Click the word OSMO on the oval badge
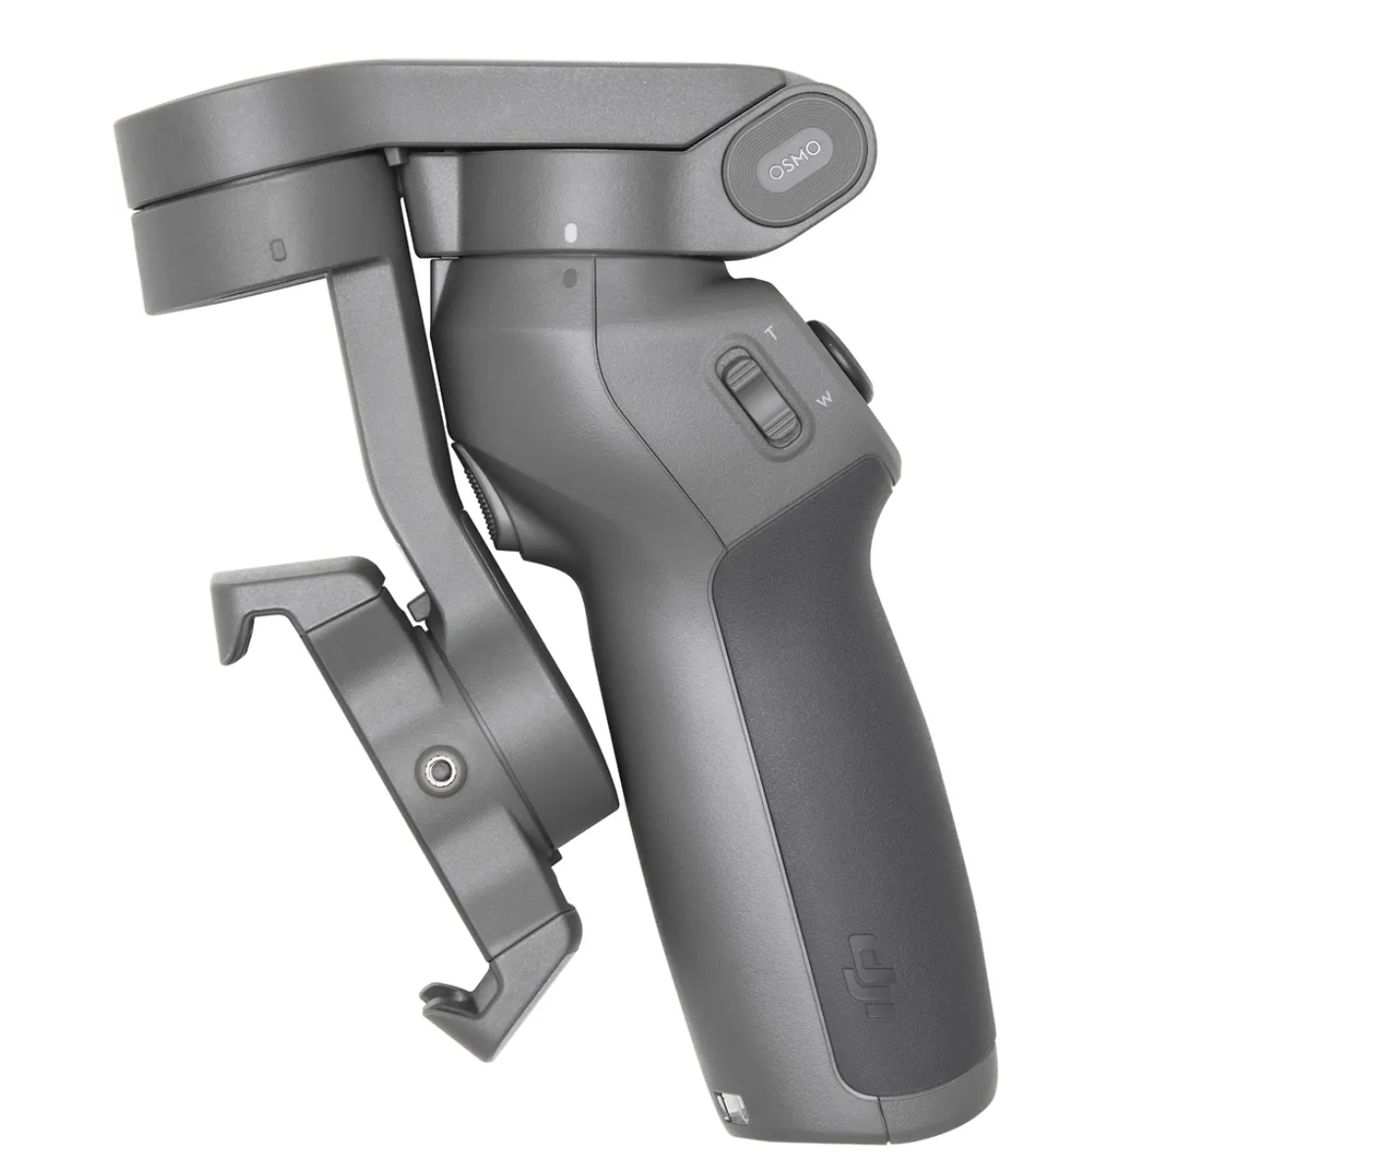click(x=795, y=162)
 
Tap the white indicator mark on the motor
click(x=571, y=233)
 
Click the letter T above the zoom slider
click(x=771, y=333)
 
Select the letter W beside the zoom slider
click(x=825, y=399)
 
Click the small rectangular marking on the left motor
click(x=278, y=250)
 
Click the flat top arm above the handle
click(x=441, y=108)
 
